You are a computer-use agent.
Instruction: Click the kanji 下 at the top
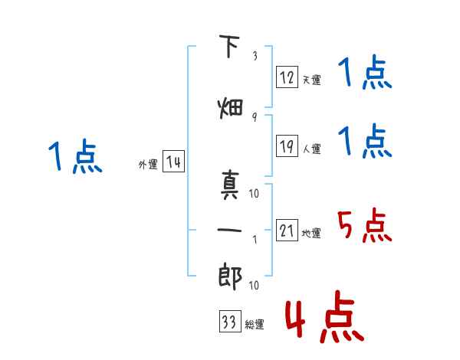click(230, 46)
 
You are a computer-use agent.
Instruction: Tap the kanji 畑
click(230, 109)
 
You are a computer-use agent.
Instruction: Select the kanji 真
click(230, 185)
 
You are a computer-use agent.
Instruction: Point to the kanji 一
click(229, 230)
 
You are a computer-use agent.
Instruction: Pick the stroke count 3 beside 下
click(255, 56)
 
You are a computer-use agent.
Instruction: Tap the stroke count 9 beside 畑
click(255, 117)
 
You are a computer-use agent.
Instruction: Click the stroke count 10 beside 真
click(254, 193)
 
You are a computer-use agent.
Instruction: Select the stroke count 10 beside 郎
click(254, 285)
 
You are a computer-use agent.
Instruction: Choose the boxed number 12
click(287, 77)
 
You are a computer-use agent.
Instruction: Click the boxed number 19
click(287, 146)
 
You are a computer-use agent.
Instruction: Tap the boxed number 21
click(287, 230)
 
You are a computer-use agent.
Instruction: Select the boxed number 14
click(173, 162)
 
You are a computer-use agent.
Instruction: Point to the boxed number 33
click(230, 321)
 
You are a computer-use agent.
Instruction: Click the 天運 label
click(311, 80)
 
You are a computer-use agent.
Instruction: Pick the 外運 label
click(148, 165)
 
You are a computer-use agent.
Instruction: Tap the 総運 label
click(255, 325)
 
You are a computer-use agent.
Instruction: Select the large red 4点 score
click(325, 316)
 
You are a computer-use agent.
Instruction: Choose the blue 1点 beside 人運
click(365, 140)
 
